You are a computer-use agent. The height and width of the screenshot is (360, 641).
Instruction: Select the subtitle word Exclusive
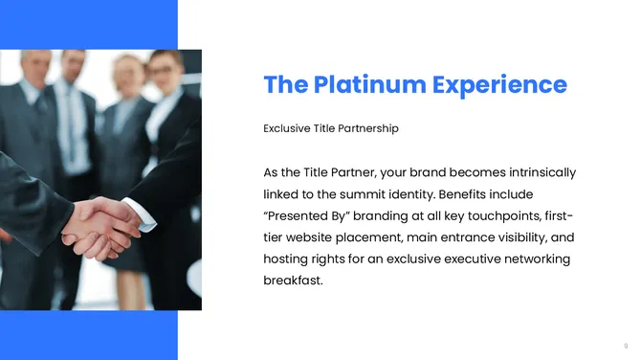tap(288, 128)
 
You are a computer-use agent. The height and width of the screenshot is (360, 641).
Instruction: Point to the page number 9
tap(626, 345)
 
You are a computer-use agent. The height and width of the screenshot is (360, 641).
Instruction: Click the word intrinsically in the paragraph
tap(538, 172)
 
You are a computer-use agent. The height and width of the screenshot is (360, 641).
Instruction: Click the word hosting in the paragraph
tap(285, 259)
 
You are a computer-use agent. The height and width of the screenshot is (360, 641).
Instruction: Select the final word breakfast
tap(291, 281)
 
